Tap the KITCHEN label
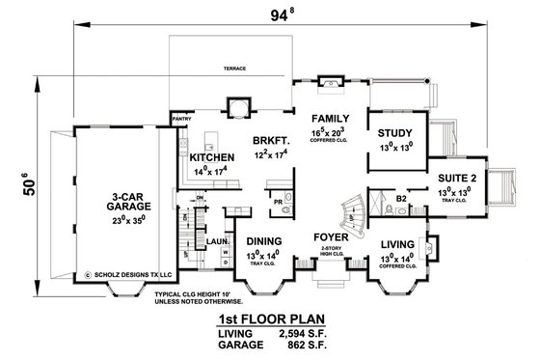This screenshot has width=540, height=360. coord(212,157)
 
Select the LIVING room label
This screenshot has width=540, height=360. coord(397,244)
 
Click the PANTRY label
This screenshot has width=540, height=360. coord(183,120)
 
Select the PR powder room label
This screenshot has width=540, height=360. coord(276,204)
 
